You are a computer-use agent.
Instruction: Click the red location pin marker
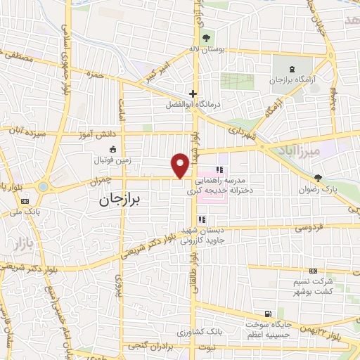click(181, 165)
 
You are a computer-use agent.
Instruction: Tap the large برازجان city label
click(116, 200)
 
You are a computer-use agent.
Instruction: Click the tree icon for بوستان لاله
click(205, 38)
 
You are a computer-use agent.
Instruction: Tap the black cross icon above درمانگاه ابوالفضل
click(193, 94)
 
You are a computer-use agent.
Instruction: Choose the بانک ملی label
click(34, 211)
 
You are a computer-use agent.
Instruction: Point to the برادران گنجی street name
click(151, 347)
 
